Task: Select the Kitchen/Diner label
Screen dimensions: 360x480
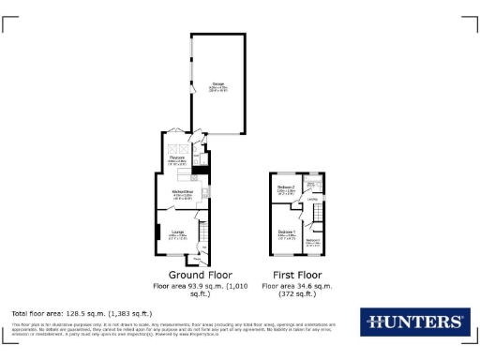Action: pyautogui.click(x=182, y=194)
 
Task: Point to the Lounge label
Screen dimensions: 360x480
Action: pyautogui.click(x=177, y=233)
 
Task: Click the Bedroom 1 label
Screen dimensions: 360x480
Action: pyautogui.click(x=287, y=232)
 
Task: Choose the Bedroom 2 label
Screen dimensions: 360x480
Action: pyautogui.click(x=286, y=189)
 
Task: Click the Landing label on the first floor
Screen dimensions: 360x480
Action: pyautogui.click(x=311, y=199)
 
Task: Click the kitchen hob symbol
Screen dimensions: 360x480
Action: pyautogui.click(x=204, y=194)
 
